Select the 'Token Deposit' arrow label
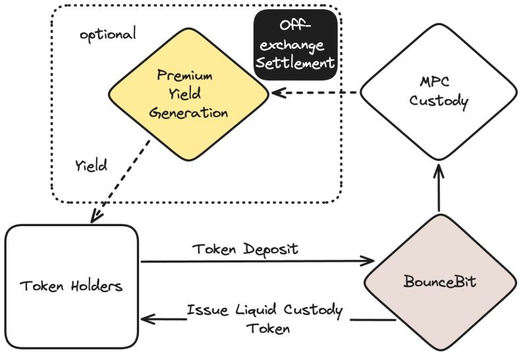point(238,250)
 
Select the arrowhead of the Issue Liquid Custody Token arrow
point(146,321)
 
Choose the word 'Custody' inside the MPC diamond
point(438,102)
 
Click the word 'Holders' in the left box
point(95,287)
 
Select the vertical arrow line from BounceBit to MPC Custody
point(438,195)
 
